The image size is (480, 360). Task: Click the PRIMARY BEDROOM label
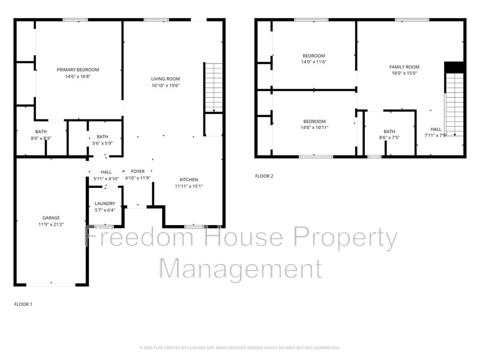coord(78,70)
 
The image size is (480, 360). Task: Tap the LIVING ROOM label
coord(166,79)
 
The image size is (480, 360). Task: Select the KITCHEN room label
coord(188,179)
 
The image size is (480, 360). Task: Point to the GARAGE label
coord(51,218)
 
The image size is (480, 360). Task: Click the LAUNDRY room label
coord(104,203)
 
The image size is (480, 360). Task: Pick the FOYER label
coord(138,172)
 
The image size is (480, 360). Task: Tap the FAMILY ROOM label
coord(404,67)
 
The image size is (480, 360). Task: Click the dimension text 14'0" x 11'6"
coord(314,62)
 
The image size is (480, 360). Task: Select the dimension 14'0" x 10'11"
coord(314,127)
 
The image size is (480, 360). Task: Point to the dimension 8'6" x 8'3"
coord(41,138)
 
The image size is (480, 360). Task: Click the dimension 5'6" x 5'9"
coord(103,143)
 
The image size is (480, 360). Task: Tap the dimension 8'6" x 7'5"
coord(389,138)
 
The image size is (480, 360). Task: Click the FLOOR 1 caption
coord(23,304)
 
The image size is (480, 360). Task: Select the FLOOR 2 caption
coord(264,176)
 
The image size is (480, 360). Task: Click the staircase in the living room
coord(214,88)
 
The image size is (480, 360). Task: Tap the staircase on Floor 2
coord(455,104)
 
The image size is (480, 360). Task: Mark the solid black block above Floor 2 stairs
coord(455,67)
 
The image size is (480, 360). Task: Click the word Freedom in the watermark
coord(139,237)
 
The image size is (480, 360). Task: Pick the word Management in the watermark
coord(241,269)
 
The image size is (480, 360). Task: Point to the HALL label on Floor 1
coord(106,172)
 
